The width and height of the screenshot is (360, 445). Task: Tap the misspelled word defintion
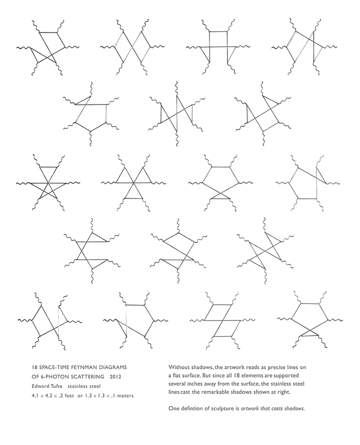(191, 409)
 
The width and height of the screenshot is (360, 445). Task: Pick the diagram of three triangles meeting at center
(132, 182)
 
